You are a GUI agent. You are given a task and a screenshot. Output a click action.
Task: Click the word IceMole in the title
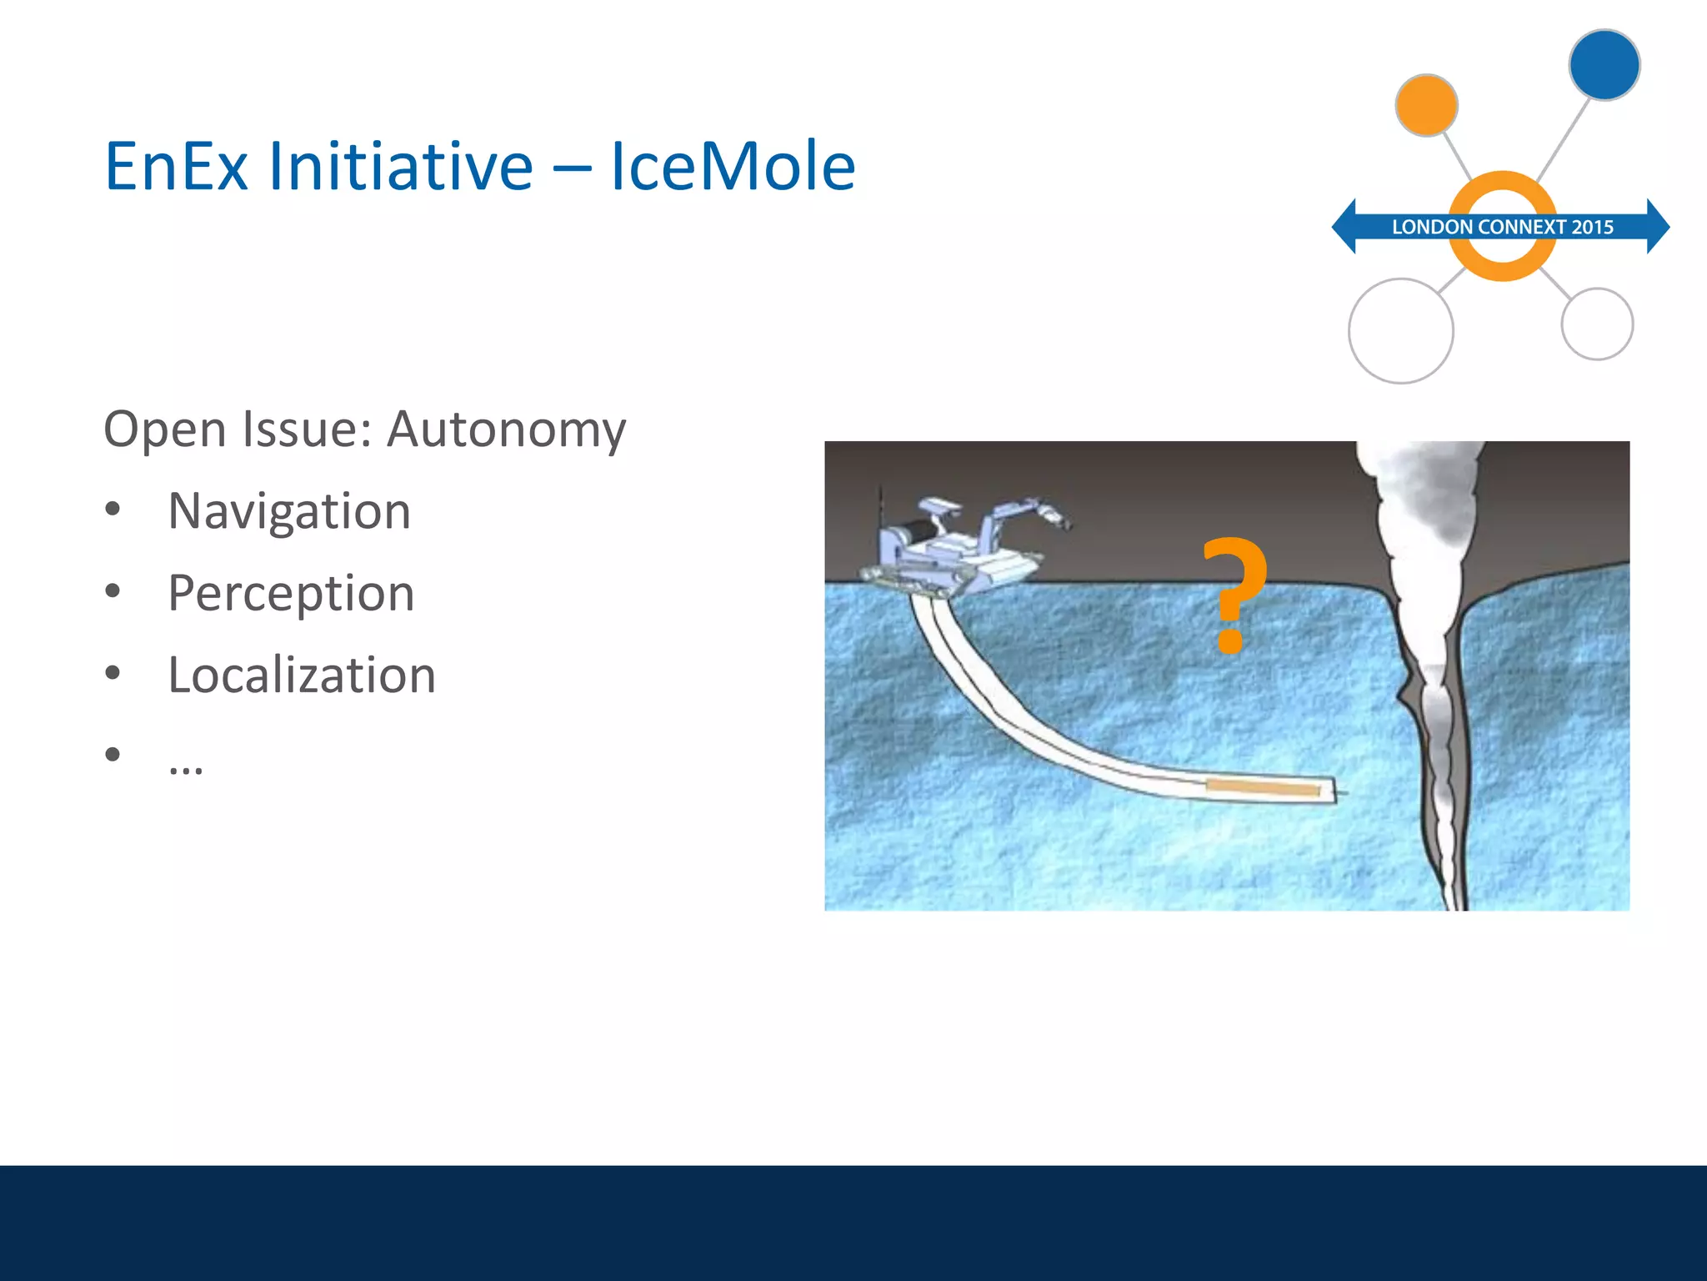point(733,167)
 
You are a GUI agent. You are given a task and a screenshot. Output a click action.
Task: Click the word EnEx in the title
point(176,167)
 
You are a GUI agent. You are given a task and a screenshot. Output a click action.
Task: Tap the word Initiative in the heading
point(400,167)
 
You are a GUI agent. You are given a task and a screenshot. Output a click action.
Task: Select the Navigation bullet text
point(289,510)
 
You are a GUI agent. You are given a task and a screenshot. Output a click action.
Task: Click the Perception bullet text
point(291,593)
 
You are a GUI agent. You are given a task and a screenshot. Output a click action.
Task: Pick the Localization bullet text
point(302,675)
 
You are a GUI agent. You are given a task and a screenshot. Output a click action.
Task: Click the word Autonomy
point(507,430)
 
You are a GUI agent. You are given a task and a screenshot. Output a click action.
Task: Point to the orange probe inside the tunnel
point(1262,787)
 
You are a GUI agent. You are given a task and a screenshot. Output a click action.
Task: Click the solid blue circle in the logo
point(1604,65)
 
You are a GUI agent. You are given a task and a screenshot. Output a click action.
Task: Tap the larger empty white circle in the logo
point(1400,331)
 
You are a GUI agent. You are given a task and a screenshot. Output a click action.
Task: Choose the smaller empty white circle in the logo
point(1596,324)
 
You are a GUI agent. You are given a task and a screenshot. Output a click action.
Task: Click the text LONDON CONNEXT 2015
point(1502,227)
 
